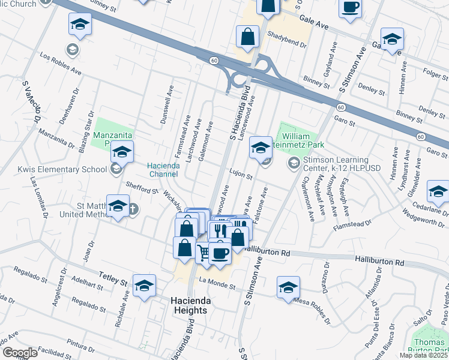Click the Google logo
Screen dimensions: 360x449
[20, 352]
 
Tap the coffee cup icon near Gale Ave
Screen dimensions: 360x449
[351, 8]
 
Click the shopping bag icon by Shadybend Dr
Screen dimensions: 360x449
[247, 37]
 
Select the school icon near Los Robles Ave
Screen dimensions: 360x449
[80, 25]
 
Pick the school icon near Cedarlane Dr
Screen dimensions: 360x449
[438, 192]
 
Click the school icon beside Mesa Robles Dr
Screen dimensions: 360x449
[289, 287]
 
